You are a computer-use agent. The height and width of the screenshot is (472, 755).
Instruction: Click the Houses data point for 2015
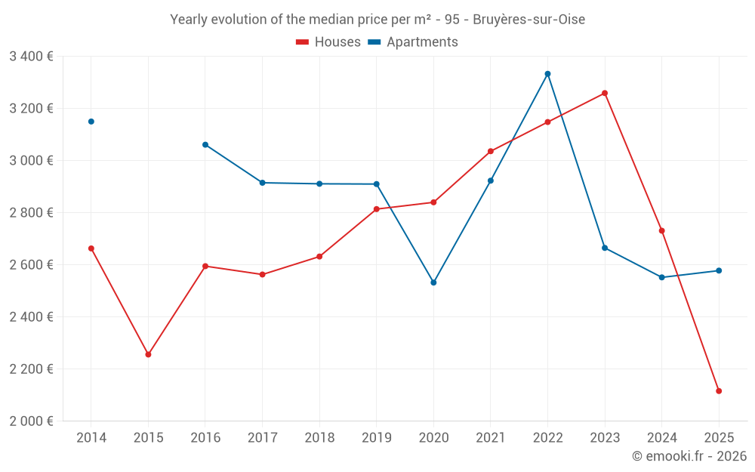coord(148,354)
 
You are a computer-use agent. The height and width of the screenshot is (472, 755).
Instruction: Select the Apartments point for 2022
coord(547,74)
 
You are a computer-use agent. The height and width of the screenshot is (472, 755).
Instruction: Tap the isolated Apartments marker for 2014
coord(91,122)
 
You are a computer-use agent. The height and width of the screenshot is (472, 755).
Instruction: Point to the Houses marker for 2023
coord(605,94)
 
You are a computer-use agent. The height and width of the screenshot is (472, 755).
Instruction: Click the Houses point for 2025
coord(719,391)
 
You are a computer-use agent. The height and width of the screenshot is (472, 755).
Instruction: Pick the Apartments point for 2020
coord(433,282)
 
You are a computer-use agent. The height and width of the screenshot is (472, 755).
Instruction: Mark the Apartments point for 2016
coord(205,145)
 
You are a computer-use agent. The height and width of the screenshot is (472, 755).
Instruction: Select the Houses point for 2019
coord(376,209)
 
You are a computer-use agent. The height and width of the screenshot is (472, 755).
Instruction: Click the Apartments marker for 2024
coord(661,277)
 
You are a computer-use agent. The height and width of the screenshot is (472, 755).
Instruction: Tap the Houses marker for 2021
coord(491,152)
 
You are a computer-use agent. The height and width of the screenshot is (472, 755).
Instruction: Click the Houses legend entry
coord(328,42)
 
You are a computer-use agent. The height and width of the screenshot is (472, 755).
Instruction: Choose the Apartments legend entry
coord(413,42)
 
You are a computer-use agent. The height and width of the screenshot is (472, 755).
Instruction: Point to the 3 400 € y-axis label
coord(31,57)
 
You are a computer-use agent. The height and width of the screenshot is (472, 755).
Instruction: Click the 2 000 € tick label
coord(31,421)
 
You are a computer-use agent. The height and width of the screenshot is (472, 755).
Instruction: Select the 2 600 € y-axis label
coord(31,265)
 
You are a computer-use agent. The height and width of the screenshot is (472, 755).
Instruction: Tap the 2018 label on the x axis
coord(319,438)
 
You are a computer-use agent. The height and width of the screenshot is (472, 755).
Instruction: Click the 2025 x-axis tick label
coord(719,438)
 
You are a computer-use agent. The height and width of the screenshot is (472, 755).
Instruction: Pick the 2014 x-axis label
coord(91,438)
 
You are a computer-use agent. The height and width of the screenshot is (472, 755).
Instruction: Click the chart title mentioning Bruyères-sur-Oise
coord(377,20)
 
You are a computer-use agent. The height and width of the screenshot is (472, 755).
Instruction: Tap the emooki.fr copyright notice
coord(689,456)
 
